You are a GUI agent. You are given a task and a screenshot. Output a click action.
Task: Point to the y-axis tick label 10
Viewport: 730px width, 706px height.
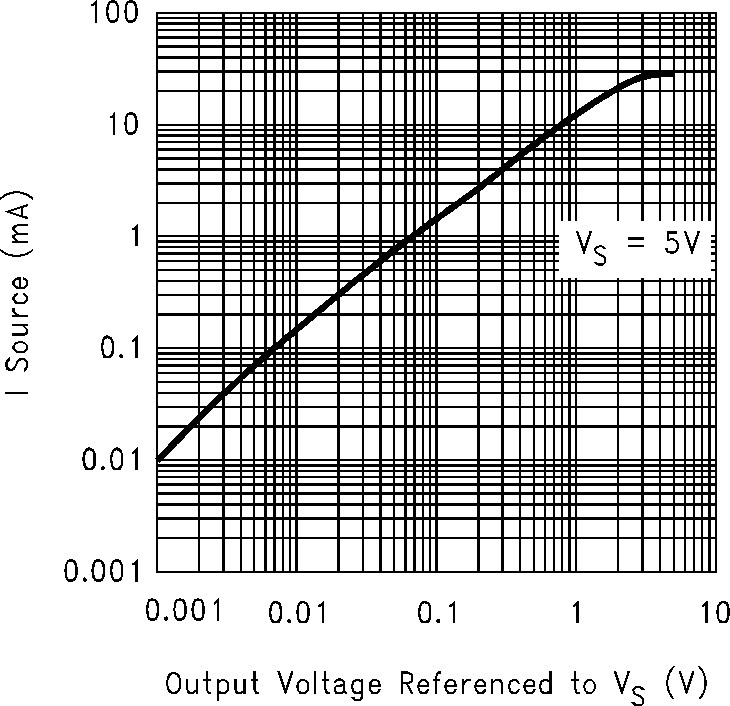[122, 124]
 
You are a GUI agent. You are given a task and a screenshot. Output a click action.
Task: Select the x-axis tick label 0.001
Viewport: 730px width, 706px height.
[183, 613]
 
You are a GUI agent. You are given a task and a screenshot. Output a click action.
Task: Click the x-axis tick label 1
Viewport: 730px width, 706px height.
[576, 613]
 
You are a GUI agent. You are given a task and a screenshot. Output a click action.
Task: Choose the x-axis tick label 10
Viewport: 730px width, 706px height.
[714, 613]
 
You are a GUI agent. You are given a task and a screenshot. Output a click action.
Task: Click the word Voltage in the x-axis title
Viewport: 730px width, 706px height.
[330, 684]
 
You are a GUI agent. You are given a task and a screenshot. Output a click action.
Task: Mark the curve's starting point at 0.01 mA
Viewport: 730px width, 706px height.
[159, 459]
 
